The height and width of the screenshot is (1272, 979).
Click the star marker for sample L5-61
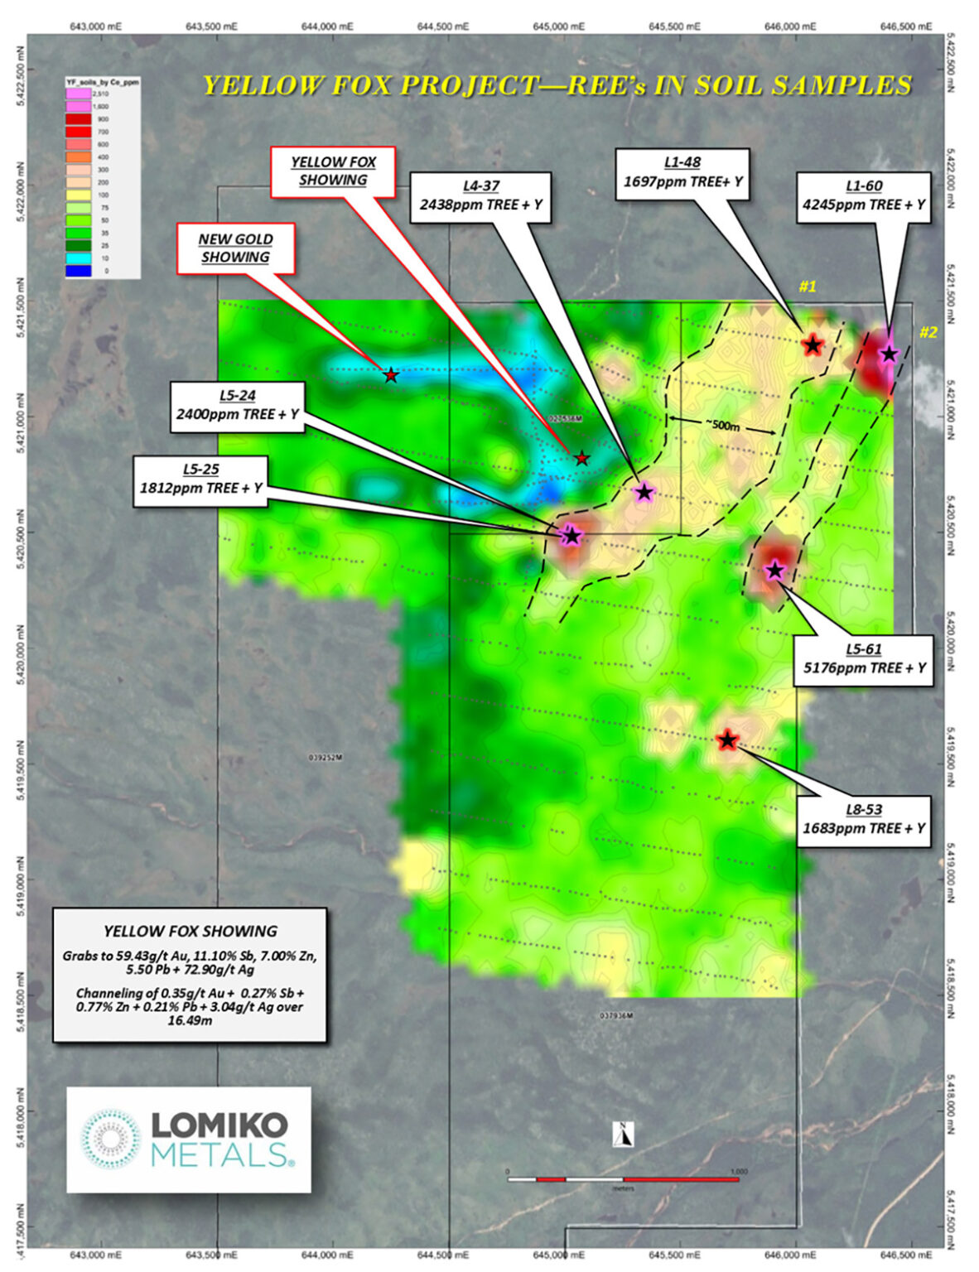[774, 570]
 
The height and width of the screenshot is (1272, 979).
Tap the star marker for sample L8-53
[727, 740]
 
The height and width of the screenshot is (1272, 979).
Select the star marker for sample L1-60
[889, 354]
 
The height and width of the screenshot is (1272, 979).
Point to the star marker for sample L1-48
[813, 344]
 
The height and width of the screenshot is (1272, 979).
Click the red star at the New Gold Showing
[391, 376]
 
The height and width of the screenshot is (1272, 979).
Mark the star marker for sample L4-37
[644, 492]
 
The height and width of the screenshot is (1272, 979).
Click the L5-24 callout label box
[236, 406]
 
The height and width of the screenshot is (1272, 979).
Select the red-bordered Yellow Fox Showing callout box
[333, 171]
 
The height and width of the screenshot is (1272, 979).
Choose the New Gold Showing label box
[235, 248]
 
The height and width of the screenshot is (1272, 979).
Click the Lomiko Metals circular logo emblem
[111, 1139]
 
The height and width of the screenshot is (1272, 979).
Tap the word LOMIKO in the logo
[219, 1125]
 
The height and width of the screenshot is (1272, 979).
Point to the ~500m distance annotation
[723, 426]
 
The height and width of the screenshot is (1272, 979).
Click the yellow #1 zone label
[808, 287]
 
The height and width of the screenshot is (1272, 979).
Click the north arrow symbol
[622, 1135]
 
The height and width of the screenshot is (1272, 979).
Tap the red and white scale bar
[622, 1178]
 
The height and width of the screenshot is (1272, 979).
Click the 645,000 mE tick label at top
[565, 26]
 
